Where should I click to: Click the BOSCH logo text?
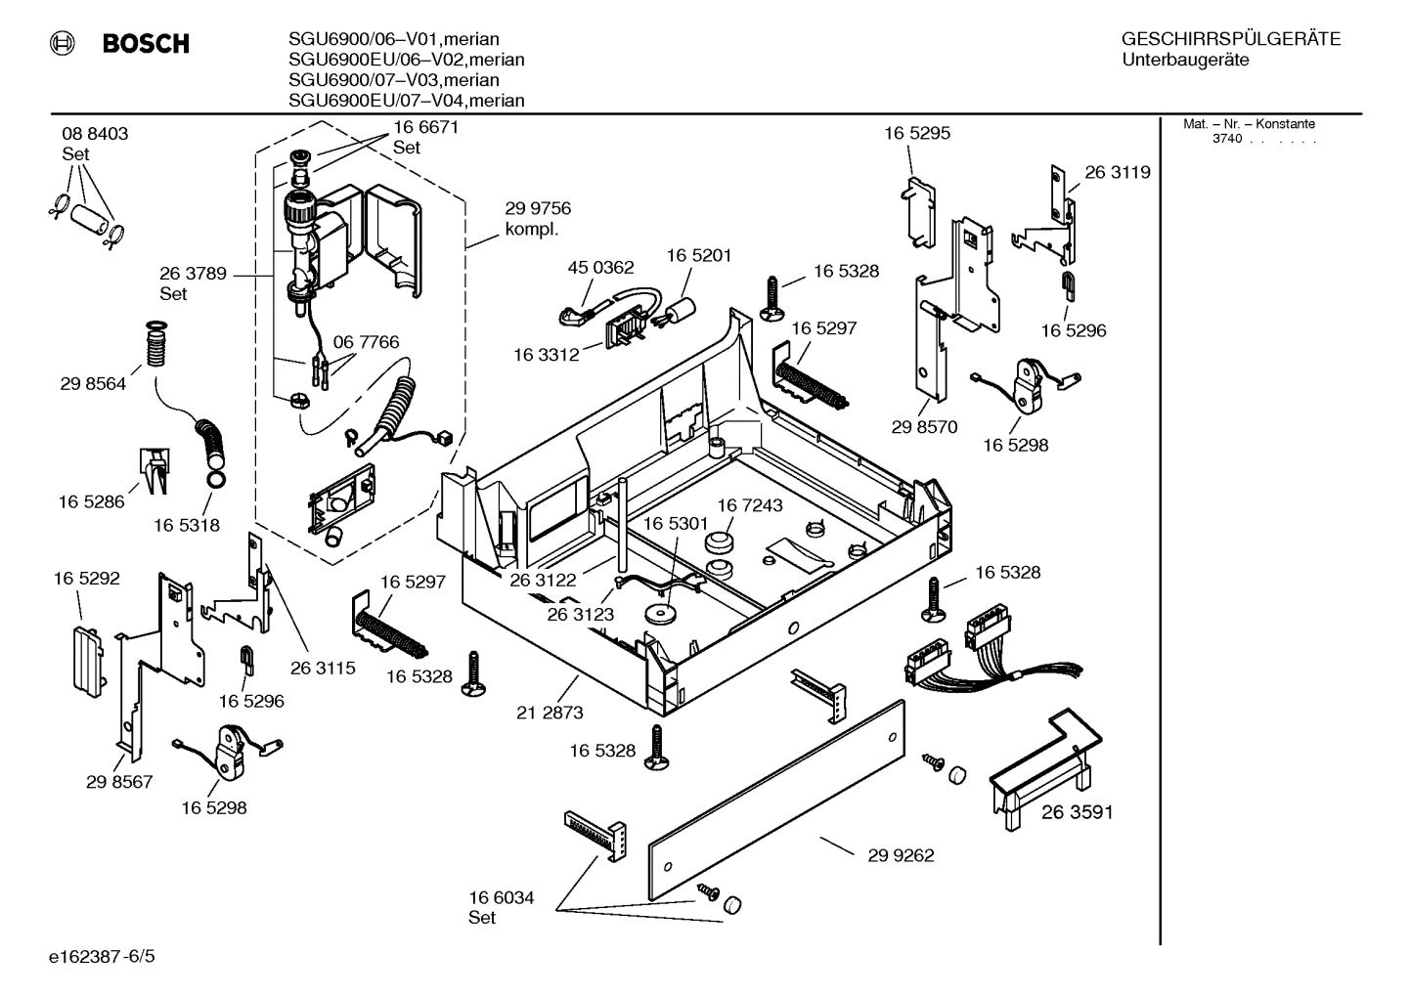pos(145,44)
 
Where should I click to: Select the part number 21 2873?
pos(550,713)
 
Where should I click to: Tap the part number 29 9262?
pos(901,855)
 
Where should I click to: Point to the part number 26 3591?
pos(1077,811)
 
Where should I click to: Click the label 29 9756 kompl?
pos(538,218)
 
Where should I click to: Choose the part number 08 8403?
pos(95,134)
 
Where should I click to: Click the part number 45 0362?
pos(600,267)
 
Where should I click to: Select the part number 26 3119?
pos(1117,172)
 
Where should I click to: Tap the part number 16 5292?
pos(86,579)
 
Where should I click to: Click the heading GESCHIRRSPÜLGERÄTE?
pos(1230,39)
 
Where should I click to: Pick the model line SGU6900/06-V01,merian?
pos(394,39)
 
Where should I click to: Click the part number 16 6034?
pos(501,897)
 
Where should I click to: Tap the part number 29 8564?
pos(93,384)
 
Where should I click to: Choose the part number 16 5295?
pos(916,133)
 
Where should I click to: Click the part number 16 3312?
pos(547,355)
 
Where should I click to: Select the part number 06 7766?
pos(366,342)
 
